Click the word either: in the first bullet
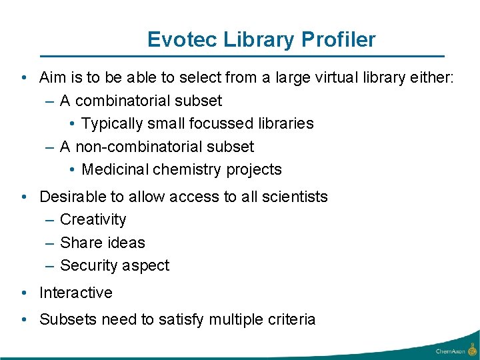pos(431,78)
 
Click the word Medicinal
pos(115,169)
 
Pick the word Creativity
pos(93,219)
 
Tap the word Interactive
pos(76,293)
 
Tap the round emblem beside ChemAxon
pos(471,349)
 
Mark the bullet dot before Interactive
pos(24,293)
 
